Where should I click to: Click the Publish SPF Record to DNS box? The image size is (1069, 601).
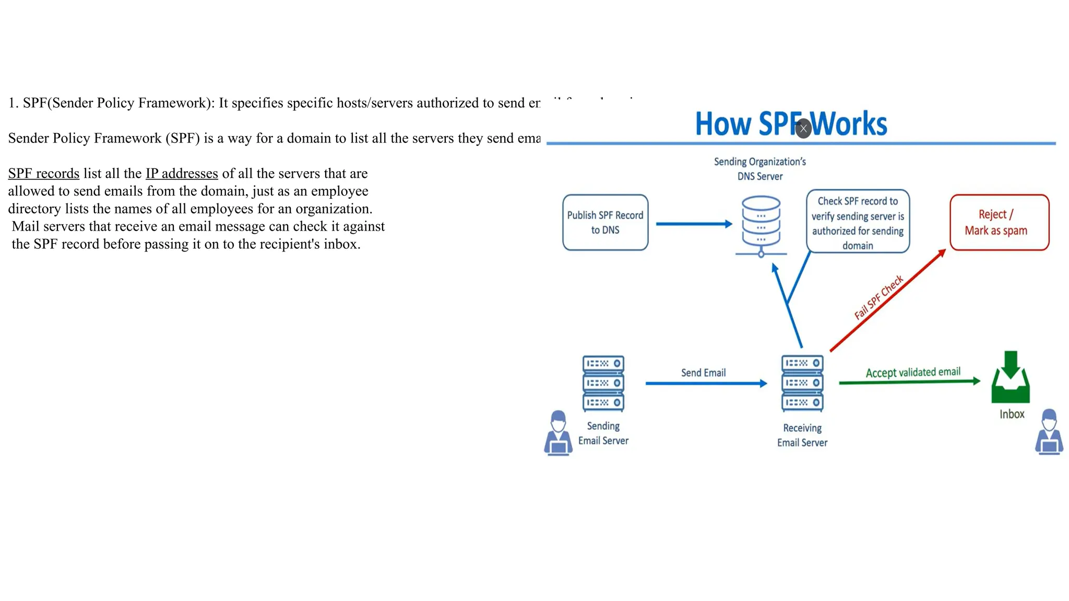click(x=605, y=223)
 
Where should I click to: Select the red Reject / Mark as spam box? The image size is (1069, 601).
click(x=999, y=223)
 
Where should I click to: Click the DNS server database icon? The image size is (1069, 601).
click(x=761, y=225)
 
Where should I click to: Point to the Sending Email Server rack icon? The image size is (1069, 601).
click(x=603, y=383)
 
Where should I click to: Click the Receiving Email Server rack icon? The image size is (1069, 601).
click(x=802, y=383)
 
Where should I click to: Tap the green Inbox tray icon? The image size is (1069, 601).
click(x=1011, y=378)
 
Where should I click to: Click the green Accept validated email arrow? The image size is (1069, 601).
click(x=909, y=382)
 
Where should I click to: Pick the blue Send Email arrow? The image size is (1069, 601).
click(x=706, y=383)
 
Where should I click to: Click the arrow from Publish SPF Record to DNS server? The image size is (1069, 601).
click(x=694, y=224)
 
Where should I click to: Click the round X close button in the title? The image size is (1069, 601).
click(x=803, y=128)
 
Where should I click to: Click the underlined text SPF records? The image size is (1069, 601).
click(x=44, y=174)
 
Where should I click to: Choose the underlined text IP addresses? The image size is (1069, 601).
click(x=182, y=174)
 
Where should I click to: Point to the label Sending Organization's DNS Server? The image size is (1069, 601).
click(x=760, y=169)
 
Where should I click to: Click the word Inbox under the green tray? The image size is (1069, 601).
click(x=1012, y=414)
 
